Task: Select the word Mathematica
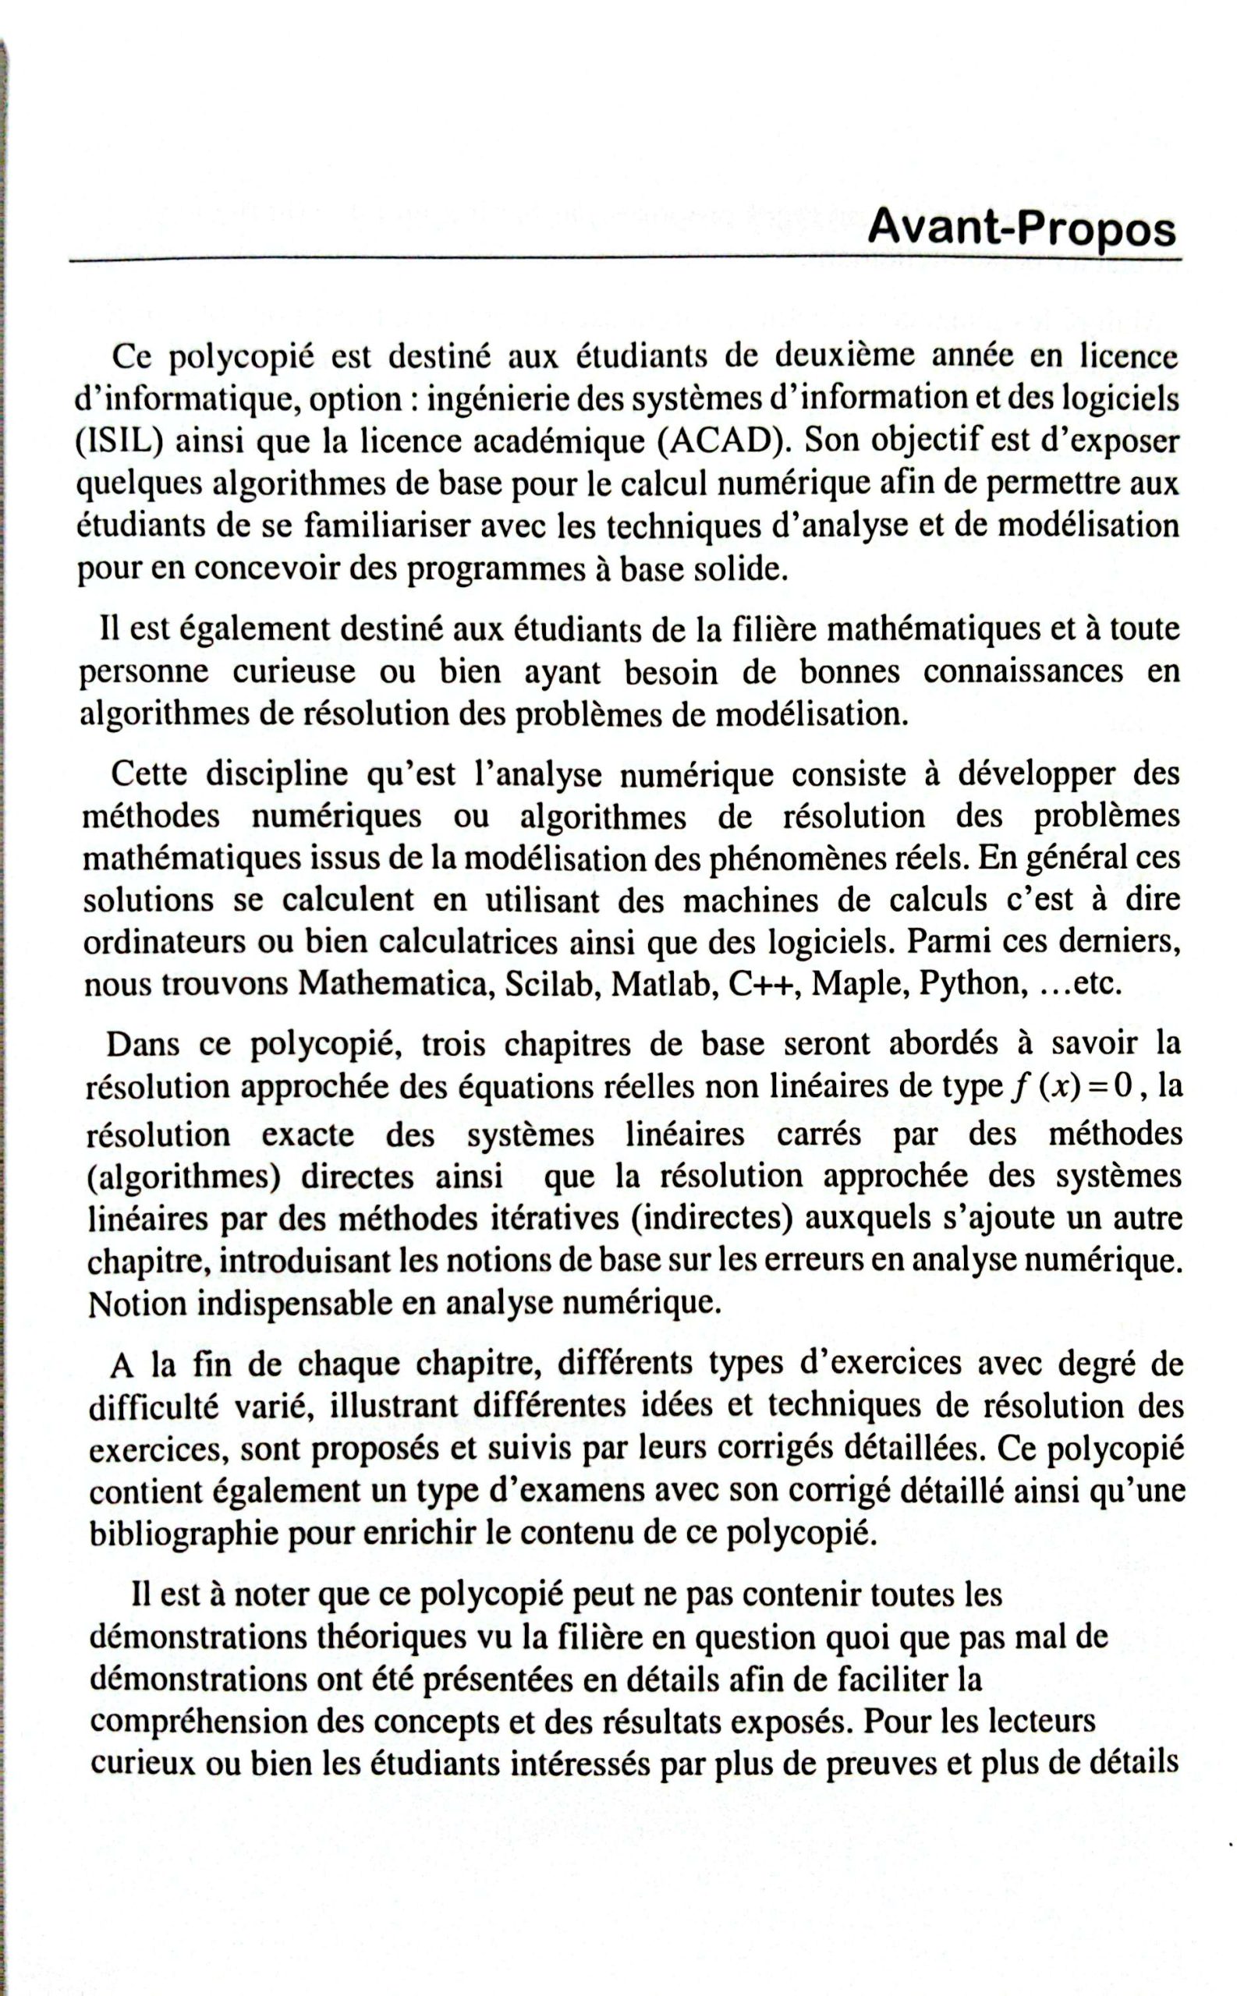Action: [395, 984]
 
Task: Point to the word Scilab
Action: [550, 984]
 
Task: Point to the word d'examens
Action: [565, 1491]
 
